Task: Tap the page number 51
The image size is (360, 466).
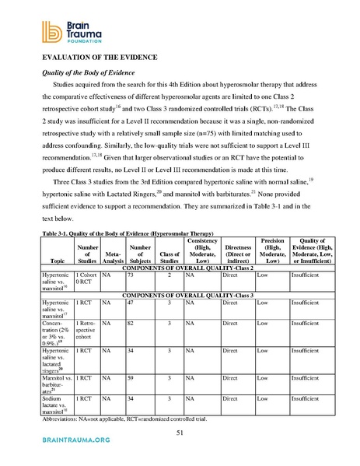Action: point(180,433)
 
